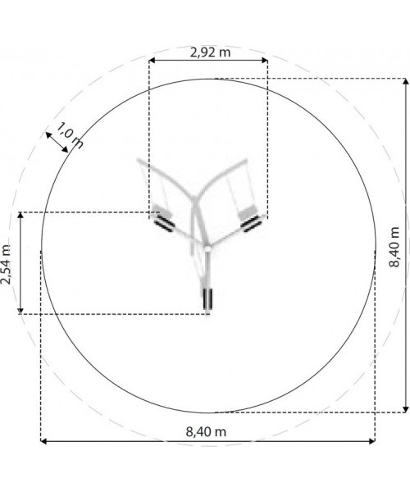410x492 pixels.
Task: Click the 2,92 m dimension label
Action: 210,52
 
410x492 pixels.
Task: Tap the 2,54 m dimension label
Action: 6,264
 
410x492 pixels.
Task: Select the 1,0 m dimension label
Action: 71,135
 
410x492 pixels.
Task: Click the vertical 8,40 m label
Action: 394,247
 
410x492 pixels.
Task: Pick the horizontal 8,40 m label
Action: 206,432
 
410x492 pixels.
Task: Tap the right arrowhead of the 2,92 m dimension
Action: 264,60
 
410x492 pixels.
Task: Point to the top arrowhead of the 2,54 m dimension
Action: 20,215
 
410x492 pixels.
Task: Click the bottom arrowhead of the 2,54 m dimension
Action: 20,311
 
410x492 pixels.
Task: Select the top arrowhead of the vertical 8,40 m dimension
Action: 406,81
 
